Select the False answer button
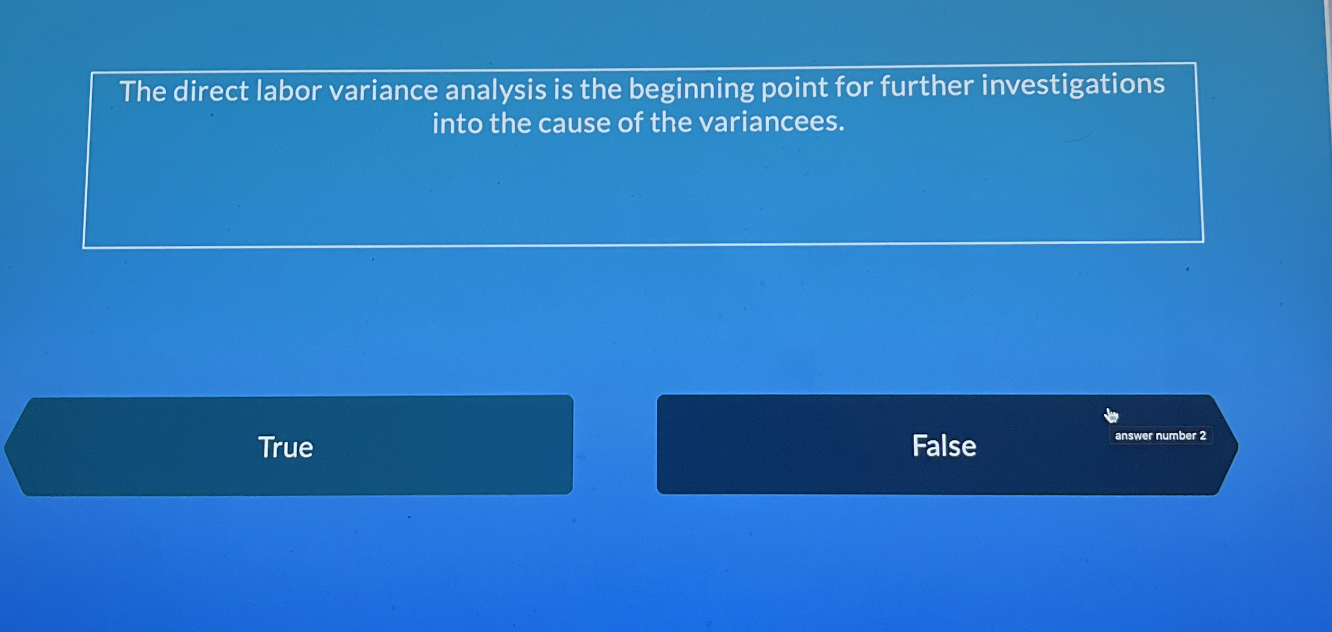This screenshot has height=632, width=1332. [x=942, y=445]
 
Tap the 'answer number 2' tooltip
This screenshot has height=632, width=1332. [x=1160, y=435]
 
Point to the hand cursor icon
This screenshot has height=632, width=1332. [x=1111, y=415]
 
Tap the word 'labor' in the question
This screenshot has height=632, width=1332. [x=289, y=90]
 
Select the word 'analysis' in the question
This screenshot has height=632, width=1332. [x=495, y=89]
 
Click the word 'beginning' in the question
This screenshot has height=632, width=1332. [x=691, y=88]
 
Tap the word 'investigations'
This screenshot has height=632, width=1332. [x=1072, y=85]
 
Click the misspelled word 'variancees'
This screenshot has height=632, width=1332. [x=772, y=122]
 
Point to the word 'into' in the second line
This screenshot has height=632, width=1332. [x=457, y=123]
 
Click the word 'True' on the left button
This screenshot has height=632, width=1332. [x=285, y=447]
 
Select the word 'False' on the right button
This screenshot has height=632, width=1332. [x=944, y=446]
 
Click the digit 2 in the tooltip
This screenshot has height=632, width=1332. [x=1202, y=435]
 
